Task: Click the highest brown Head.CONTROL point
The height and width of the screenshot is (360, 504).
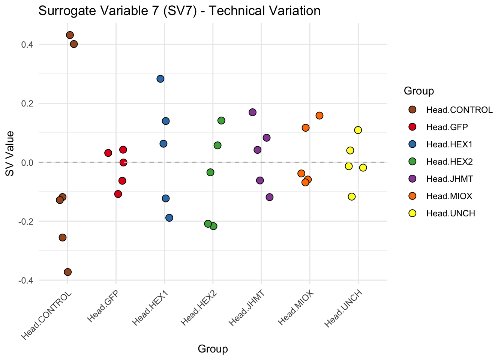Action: [x=70, y=35]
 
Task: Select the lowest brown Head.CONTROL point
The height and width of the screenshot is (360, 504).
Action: [x=68, y=272]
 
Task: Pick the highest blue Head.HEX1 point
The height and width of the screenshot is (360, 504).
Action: [x=160, y=79]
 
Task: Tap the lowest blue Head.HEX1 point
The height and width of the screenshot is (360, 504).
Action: [x=169, y=218]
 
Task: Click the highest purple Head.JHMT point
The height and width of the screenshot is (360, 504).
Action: [x=253, y=112]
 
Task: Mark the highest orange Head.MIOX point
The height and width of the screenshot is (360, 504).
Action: [x=319, y=115]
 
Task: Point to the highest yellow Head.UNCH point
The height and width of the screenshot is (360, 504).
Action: [x=358, y=130]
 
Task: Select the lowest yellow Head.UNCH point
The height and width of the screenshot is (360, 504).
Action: [x=352, y=196]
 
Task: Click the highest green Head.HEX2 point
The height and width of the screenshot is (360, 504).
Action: [x=221, y=120]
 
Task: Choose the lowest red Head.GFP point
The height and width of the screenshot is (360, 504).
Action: [x=118, y=194]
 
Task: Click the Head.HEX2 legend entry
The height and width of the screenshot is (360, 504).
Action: [x=449, y=162]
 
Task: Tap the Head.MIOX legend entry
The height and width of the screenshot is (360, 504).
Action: [x=449, y=196]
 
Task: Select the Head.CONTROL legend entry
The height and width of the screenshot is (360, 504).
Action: [x=459, y=110]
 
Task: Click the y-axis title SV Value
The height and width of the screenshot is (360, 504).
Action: [x=10, y=154]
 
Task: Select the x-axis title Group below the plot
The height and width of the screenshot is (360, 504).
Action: [x=213, y=349]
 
